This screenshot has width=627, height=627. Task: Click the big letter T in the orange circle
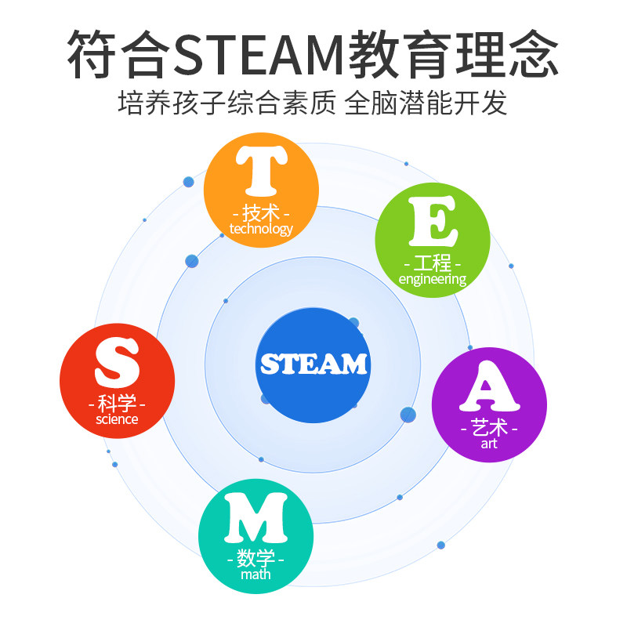pos(261,175)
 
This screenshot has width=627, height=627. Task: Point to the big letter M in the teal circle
pos(256,518)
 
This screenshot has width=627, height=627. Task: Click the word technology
pos(261,229)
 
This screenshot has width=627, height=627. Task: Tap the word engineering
pos(433,279)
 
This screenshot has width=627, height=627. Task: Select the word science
pos(117,419)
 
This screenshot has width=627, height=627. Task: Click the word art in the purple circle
pos(489,444)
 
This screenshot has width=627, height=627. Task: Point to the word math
pos(256,574)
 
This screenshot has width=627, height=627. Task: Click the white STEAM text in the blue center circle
pos(313,364)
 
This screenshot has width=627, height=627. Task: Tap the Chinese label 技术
pos(261,212)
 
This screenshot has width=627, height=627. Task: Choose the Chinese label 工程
pos(433,263)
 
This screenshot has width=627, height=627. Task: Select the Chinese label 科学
pos(118,404)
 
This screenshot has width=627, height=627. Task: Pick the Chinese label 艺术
pos(489,429)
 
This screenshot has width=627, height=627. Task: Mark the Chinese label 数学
pos(256,559)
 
